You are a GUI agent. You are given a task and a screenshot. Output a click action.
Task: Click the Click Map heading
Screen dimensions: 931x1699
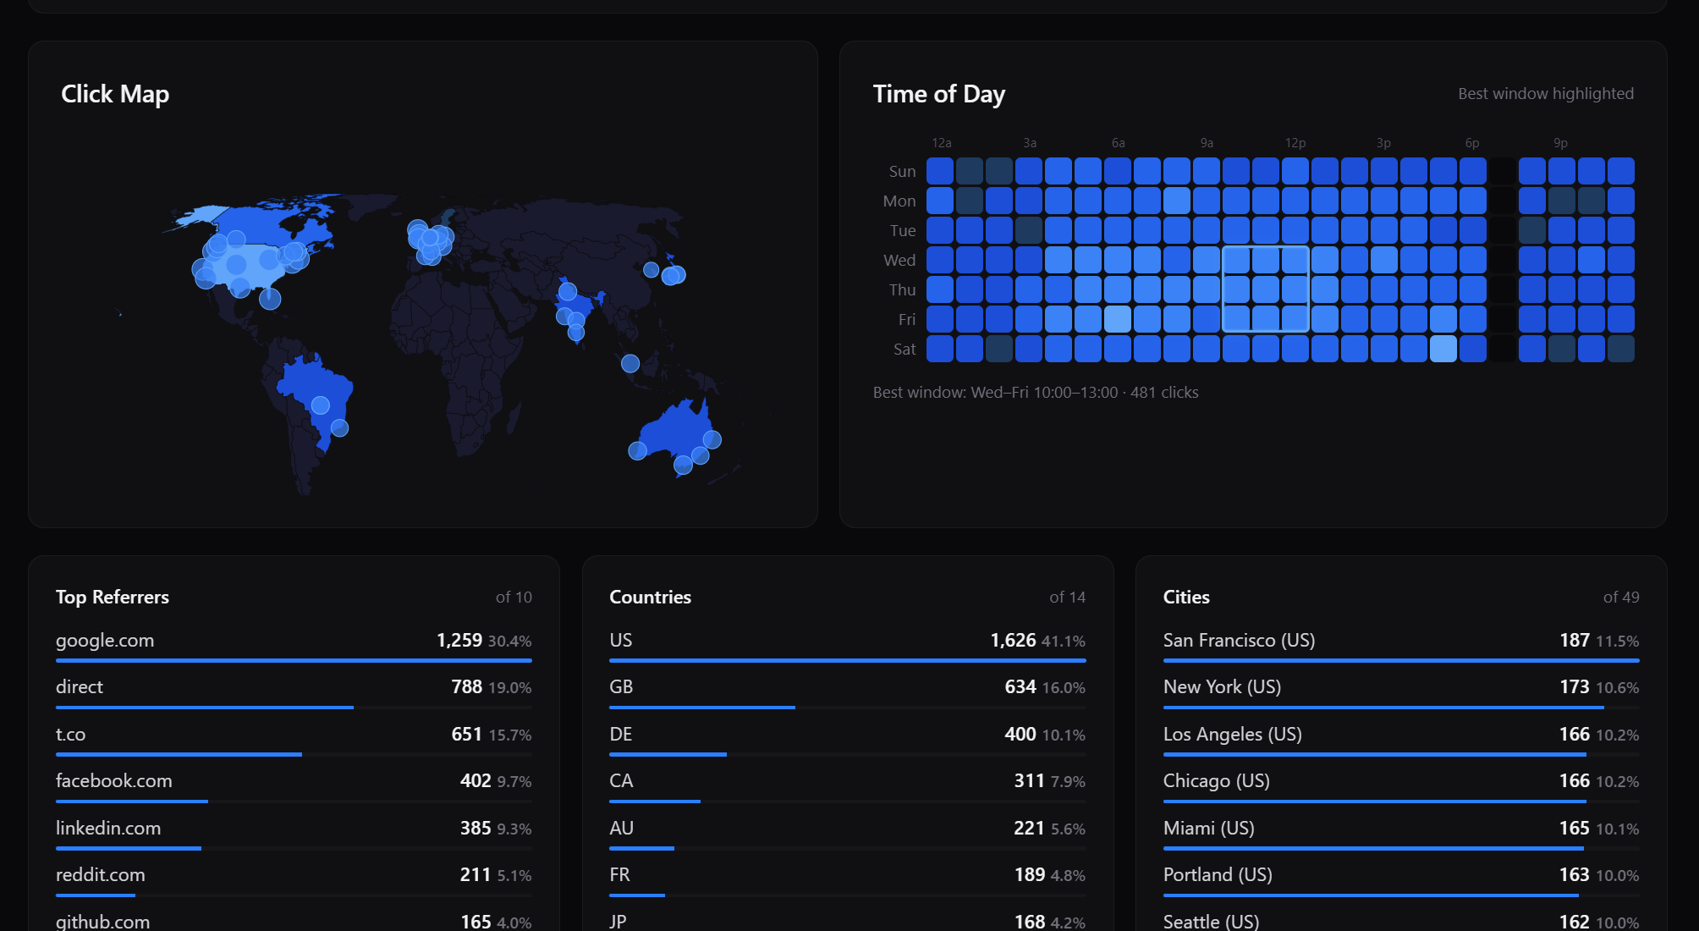(115, 94)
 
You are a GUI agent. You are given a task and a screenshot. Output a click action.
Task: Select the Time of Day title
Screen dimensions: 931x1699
(938, 94)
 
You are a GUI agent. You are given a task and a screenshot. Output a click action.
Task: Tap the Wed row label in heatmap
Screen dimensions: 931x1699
(899, 261)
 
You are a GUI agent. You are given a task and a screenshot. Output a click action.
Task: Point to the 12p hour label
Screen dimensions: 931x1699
(1295, 143)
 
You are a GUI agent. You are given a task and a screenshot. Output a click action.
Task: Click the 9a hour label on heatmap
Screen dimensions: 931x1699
(1207, 143)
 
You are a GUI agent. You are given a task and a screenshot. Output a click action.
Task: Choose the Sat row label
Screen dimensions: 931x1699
(904, 350)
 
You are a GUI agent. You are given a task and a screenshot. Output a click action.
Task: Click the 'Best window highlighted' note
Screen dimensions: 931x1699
(1545, 94)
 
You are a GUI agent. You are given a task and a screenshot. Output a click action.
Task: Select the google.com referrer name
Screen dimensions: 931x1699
(105, 641)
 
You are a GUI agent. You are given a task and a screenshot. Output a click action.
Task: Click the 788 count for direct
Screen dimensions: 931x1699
(466, 687)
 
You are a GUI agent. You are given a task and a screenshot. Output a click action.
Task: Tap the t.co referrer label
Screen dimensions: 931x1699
(70, 735)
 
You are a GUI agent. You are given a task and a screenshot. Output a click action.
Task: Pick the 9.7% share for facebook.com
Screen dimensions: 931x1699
(514, 782)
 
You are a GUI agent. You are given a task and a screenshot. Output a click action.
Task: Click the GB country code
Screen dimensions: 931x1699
(621, 687)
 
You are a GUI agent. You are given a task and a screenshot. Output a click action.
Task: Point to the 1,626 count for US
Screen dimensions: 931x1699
(1013, 641)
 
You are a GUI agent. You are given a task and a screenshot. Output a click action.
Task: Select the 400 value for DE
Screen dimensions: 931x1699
(1020, 735)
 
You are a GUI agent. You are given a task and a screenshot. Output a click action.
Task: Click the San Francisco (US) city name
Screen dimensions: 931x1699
(1239, 641)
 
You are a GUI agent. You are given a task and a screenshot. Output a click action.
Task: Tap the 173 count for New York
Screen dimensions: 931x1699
(1574, 687)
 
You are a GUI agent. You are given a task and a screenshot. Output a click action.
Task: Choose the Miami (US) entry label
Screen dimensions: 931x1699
(1208, 829)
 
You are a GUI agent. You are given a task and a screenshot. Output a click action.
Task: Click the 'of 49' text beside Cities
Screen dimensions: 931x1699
(1620, 598)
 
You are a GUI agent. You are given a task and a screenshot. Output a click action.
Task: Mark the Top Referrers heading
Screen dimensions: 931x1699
(113, 598)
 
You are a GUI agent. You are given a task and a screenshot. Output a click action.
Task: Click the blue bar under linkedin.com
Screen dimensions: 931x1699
(129, 848)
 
